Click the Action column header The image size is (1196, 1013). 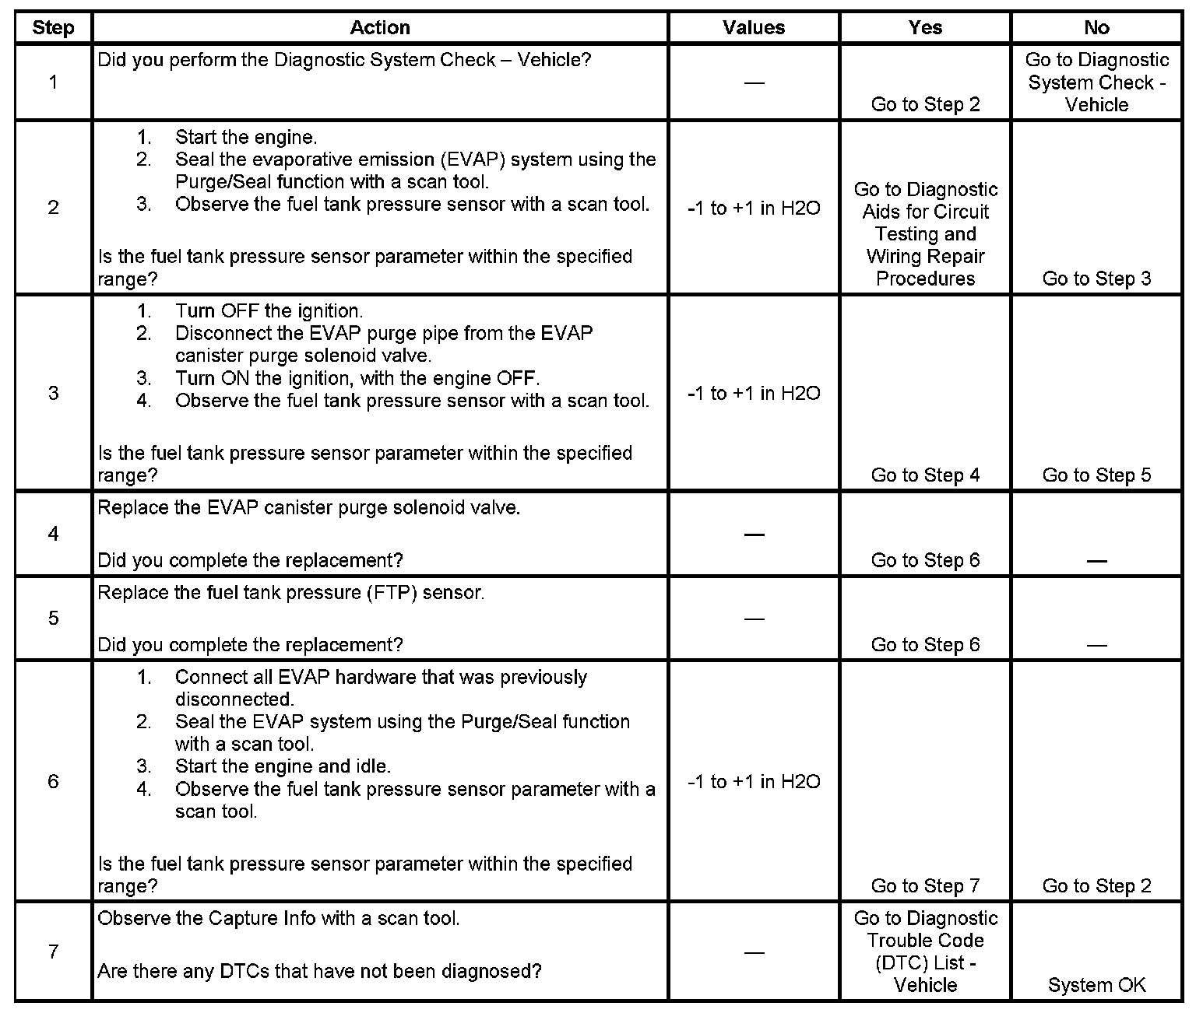coord(379,28)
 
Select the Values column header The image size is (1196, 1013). coord(753,28)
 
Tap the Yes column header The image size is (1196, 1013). coord(925,28)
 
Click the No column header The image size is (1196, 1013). coord(1096,28)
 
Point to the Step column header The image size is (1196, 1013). coord(53,28)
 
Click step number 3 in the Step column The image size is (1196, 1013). coord(53,392)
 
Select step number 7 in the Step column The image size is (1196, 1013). coord(53,952)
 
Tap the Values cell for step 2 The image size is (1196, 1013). coord(754,209)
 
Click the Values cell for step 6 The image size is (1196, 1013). coord(754,782)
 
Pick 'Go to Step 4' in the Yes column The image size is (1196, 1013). coord(925,475)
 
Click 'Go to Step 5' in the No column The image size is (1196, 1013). coord(1096,475)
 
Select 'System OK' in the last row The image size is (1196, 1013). coord(1096,985)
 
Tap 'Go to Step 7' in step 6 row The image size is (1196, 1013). coord(925,885)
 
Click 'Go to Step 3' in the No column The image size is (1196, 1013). coord(1096,279)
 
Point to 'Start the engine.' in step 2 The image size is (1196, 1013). coord(245,138)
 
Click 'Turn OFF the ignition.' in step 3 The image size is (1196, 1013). coord(269,311)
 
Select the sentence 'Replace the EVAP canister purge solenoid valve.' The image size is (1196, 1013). coord(308,508)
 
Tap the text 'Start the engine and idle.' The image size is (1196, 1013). coord(283,766)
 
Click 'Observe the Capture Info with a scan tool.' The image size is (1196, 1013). coord(278,918)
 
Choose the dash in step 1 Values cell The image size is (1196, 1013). coord(754,82)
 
